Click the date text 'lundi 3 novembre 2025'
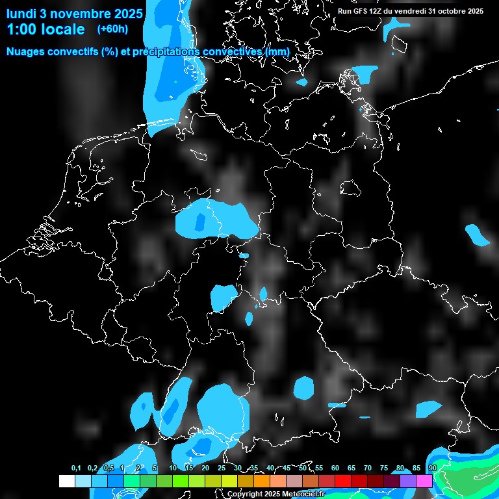[74, 13]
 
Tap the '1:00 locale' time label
[45, 29]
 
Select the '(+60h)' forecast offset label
[112, 29]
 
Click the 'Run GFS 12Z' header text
[364, 11]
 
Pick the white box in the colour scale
[66, 481]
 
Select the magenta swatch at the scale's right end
[424, 481]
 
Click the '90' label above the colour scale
[432, 468]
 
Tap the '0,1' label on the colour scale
[76, 468]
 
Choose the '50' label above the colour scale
[303, 468]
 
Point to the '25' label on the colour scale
[222, 468]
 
